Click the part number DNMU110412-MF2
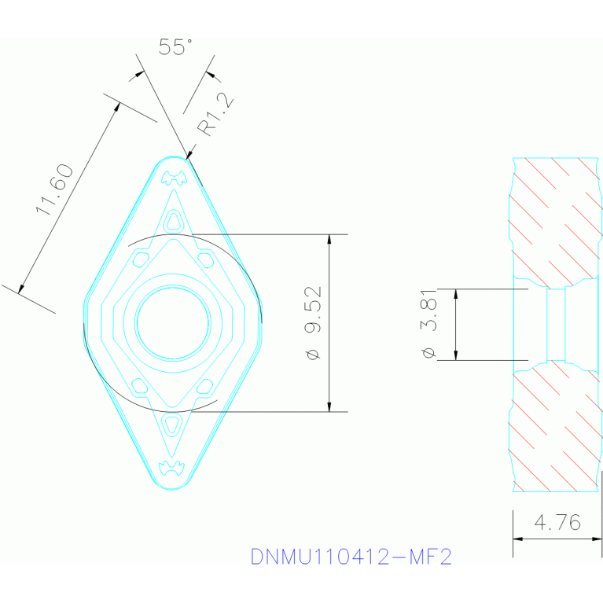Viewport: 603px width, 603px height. coord(351,557)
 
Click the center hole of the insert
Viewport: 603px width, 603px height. coord(173,322)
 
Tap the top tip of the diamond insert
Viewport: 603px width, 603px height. coord(173,159)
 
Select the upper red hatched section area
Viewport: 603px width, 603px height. coord(553,220)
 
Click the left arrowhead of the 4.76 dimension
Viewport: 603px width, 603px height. coord(517,539)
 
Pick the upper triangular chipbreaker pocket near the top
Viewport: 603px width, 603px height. coord(173,222)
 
